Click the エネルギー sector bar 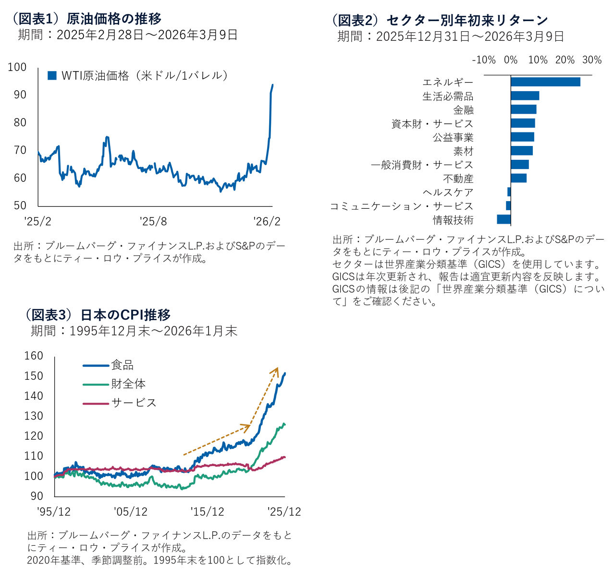click(x=545, y=82)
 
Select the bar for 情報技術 click(x=504, y=219)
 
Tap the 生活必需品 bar click(x=525, y=96)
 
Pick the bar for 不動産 click(x=518, y=178)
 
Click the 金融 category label click(x=463, y=110)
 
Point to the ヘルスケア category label click(x=448, y=192)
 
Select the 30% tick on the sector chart click(x=591, y=60)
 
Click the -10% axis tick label click(x=484, y=60)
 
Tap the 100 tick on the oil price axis click(x=17, y=68)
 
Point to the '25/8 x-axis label click(x=153, y=221)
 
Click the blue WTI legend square click(x=52, y=75)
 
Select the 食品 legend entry click(x=122, y=365)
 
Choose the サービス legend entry click(x=134, y=403)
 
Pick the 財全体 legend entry click(x=128, y=384)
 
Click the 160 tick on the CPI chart click(x=34, y=356)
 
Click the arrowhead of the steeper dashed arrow click(x=276, y=369)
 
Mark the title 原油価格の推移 click(x=114, y=19)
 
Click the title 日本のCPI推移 click(x=125, y=315)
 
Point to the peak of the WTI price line click(x=272, y=85)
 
